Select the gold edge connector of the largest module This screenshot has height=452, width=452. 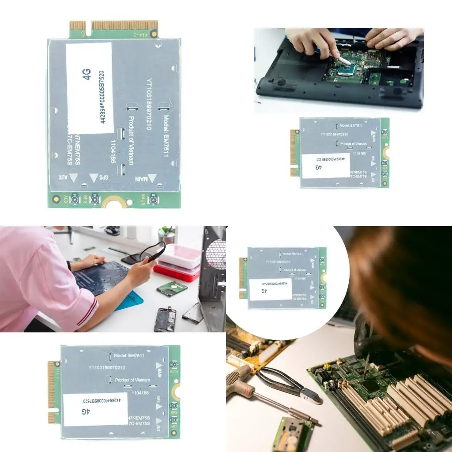(x=114, y=26)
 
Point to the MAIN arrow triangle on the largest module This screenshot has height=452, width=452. (x=152, y=178)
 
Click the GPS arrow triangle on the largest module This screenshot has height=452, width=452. (x=94, y=177)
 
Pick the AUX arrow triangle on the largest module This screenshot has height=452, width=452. (x=74, y=177)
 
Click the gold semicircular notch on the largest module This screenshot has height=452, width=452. (x=113, y=202)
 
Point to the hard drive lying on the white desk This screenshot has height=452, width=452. (x=172, y=289)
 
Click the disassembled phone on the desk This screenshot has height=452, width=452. (x=165, y=319)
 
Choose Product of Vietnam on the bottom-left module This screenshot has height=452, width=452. (x=132, y=380)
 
